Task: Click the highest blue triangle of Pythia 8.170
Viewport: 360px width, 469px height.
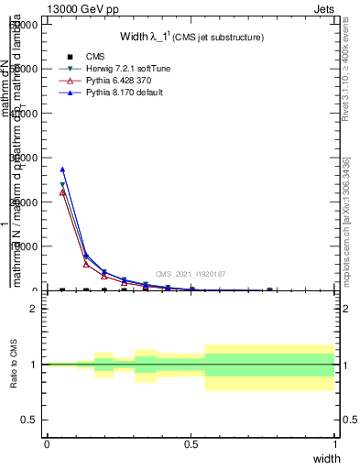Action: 62,169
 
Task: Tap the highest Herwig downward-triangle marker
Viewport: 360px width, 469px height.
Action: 62,186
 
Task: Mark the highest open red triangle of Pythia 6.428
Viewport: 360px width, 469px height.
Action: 62,192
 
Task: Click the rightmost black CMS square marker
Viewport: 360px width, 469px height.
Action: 269,290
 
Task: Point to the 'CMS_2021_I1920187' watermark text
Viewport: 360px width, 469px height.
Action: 191,274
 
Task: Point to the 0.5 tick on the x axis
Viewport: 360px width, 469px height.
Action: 191,443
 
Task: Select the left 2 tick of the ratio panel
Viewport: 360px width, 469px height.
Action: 33,310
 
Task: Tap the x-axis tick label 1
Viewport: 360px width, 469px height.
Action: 334,443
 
